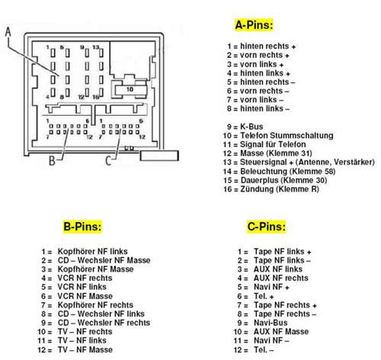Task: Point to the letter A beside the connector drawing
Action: pos(8,32)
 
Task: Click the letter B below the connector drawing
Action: pos(52,160)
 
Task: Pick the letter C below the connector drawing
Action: pos(108,160)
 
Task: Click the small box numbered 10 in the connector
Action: pos(129,89)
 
